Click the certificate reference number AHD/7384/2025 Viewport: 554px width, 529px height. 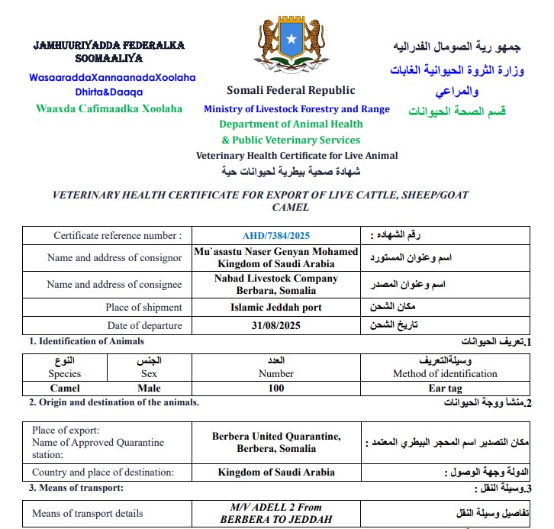[x=275, y=236]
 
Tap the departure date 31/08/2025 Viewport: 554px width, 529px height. [x=276, y=326]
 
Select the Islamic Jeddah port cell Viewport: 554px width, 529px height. [x=276, y=308]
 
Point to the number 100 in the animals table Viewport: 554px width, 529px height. [x=276, y=388]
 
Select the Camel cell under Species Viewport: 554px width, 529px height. [x=64, y=388]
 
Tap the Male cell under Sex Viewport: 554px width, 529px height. [x=153, y=388]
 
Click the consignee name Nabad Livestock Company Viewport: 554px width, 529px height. [x=276, y=279]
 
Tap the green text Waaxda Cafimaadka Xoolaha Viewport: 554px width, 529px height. [x=109, y=108]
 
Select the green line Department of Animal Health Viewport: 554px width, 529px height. [x=291, y=124]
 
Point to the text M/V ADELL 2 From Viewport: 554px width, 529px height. [x=276, y=507]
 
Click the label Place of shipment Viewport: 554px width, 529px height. [x=143, y=308]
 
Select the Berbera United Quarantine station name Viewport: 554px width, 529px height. [x=276, y=437]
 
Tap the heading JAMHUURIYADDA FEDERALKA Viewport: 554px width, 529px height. [x=108, y=45]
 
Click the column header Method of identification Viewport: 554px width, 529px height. [x=444, y=374]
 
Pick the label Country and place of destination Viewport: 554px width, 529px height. [x=103, y=473]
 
